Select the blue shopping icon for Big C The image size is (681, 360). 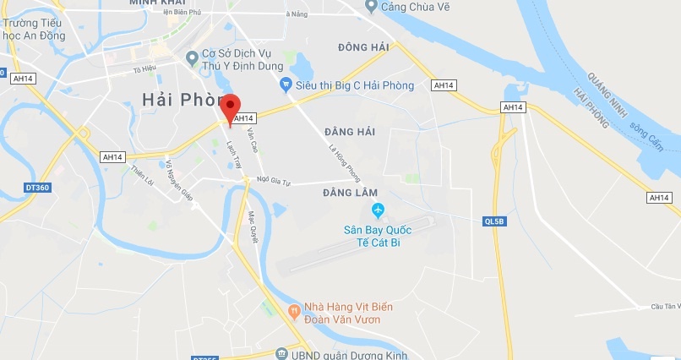pyautogui.click(x=286, y=85)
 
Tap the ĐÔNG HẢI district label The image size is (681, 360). pyautogui.click(x=362, y=46)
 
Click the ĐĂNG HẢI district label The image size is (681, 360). pyautogui.click(x=348, y=132)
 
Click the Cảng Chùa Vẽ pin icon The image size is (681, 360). pyautogui.click(x=370, y=7)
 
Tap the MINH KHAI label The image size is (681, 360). pyautogui.click(x=158, y=3)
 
